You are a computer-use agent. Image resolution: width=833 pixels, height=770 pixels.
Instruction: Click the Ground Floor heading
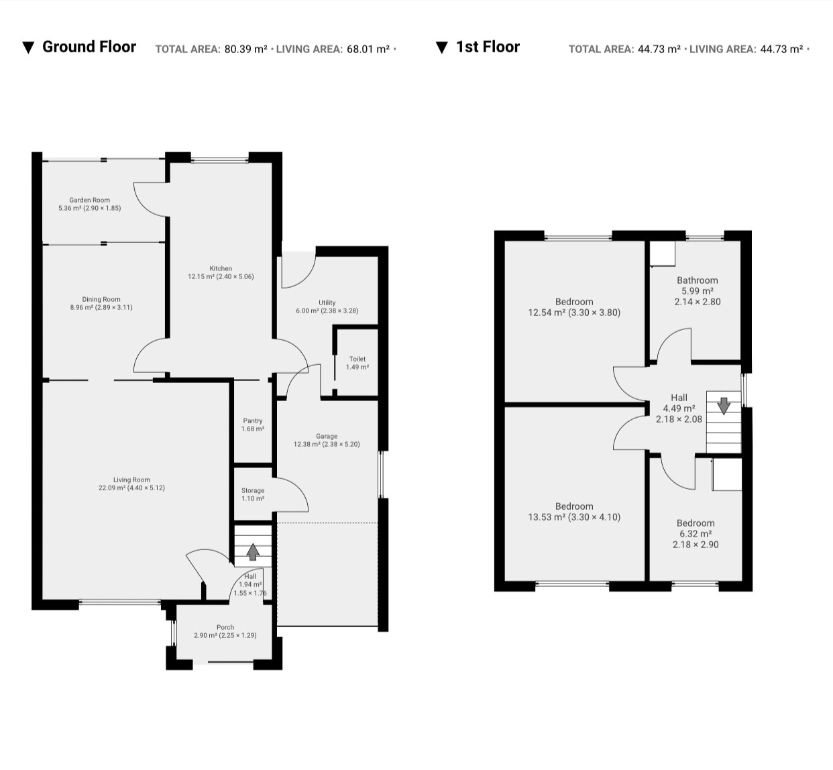(x=89, y=47)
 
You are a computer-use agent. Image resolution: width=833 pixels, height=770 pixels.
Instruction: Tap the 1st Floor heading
(x=488, y=47)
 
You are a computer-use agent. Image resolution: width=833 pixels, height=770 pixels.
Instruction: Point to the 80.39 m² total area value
(x=245, y=49)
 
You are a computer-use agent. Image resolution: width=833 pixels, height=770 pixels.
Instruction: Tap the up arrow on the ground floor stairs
(x=252, y=552)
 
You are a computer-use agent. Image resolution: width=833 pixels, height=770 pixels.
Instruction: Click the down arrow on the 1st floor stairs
(x=724, y=406)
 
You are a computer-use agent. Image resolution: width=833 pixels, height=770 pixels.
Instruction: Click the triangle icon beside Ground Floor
(x=28, y=48)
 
